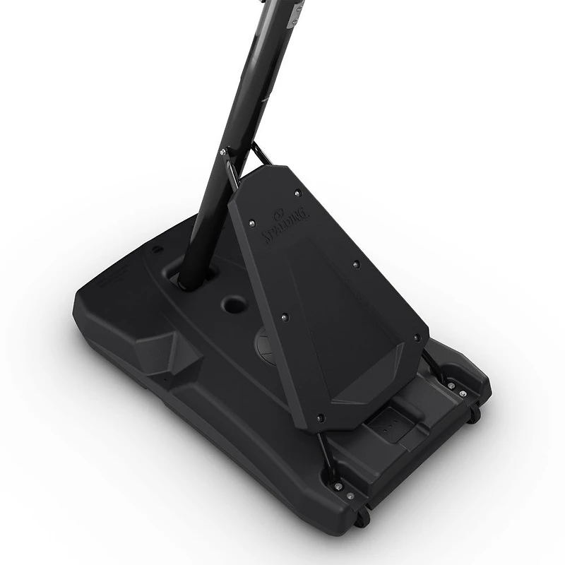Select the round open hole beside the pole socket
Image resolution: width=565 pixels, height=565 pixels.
(x=234, y=305)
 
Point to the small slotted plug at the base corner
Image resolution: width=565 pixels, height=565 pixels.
(x=157, y=249)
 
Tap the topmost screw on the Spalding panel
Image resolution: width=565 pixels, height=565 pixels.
(x=297, y=194)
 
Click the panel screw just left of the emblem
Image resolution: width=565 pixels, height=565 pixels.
(x=252, y=223)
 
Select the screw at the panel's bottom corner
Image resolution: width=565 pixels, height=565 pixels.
(x=320, y=418)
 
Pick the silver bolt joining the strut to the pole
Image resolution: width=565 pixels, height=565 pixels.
(x=223, y=151)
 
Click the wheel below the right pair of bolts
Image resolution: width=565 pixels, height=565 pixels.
(x=475, y=414)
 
